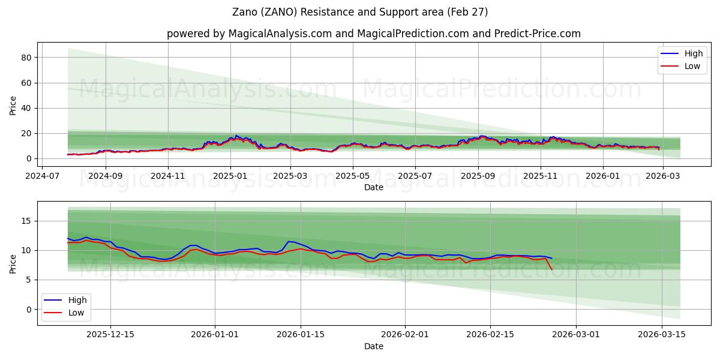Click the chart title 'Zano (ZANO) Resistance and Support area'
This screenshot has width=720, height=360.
click(x=360, y=12)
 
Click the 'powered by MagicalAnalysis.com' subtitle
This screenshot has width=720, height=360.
click(x=373, y=34)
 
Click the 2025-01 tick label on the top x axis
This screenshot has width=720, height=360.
click(x=230, y=176)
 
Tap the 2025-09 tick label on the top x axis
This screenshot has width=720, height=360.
click(x=478, y=176)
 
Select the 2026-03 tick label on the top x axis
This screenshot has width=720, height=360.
click(x=662, y=176)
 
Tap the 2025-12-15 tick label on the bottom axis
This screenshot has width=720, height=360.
click(x=110, y=335)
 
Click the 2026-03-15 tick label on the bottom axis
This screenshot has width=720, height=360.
click(x=662, y=335)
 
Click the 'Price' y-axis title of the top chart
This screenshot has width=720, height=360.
click(x=13, y=106)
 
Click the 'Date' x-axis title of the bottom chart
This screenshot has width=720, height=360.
click(x=373, y=346)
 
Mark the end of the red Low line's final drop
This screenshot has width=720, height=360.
click(x=552, y=269)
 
